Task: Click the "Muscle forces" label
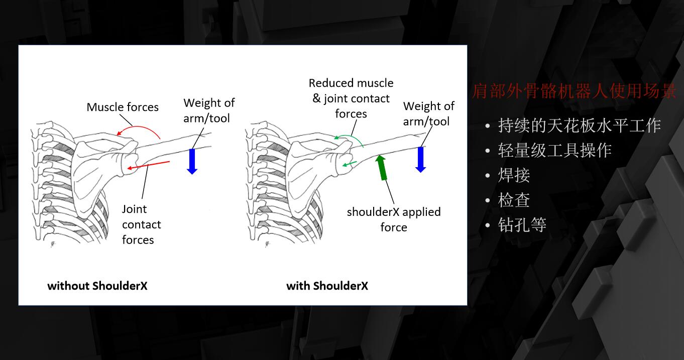coord(123,107)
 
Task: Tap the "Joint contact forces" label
coord(142,224)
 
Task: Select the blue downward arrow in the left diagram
coord(192,162)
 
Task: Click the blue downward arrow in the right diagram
coord(420,160)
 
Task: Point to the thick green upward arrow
coord(381,168)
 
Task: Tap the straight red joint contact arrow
coord(149,165)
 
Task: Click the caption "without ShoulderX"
coord(97,286)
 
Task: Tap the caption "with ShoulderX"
coord(327,286)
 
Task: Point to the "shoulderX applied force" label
coord(394,219)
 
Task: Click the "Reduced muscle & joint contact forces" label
coord(351,98)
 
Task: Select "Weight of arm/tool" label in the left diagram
coord(209,110)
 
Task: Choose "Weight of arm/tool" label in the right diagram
coord(429,114)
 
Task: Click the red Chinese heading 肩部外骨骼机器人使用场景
coord(574,91)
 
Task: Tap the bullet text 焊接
coord(514,175)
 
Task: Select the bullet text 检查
coord(514,200)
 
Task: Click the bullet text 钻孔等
coord(522,225)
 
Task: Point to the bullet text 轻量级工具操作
coord(555,150)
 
